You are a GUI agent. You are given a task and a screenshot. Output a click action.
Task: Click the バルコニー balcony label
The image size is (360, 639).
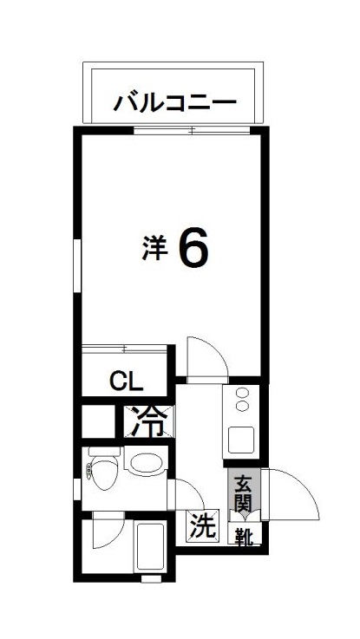click(174, 102)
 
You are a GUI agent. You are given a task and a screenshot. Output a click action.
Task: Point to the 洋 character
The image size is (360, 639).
click(154, 248)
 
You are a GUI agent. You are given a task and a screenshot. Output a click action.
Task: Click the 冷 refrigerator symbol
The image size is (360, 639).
click(150, 424)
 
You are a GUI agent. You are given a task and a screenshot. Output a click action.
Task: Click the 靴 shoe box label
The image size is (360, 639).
click(243, 537)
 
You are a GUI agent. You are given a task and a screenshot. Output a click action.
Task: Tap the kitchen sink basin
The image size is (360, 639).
click(241, 440)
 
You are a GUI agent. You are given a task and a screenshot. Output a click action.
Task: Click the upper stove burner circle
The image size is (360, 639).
click(241, 395)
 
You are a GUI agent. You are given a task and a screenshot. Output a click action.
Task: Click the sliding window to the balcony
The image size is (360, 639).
click(192, 130)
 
